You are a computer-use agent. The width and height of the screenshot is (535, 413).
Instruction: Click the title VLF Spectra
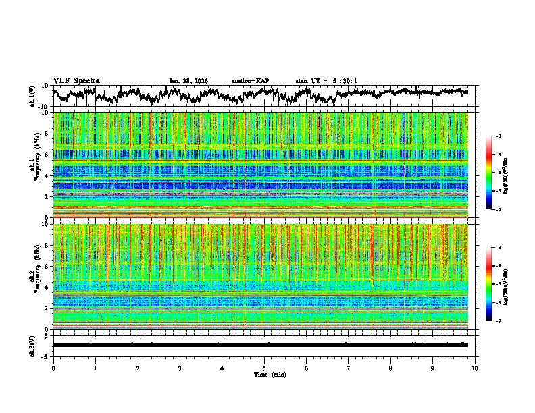tap(76, 80)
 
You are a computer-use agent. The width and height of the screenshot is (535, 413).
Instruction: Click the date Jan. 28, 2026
tap(188, 81)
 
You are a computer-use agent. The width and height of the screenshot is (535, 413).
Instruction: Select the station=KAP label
tap(250, 81)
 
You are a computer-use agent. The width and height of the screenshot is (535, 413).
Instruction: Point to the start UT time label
tap(326, 81)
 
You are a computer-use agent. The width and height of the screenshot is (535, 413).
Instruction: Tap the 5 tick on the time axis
tap(264, 368)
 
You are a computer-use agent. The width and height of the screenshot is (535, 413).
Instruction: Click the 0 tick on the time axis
tap(53, 368)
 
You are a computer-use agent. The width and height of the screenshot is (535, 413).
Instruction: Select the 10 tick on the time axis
tap(475, 368)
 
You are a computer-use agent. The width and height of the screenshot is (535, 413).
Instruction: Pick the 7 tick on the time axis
tap(349, 368)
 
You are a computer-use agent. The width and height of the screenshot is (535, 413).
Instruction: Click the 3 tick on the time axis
tap(180, 368)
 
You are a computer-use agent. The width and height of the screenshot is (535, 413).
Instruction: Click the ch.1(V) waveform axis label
tap(33, 96)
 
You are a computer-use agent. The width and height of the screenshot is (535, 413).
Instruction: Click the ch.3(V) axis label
tap(33, 345)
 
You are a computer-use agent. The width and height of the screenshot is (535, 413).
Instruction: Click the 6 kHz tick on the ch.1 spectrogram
tap(47, 155)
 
